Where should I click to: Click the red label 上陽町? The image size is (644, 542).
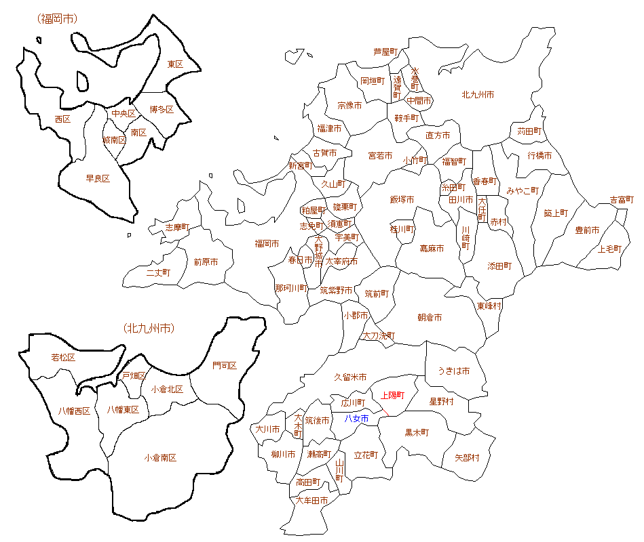[x=392, y=395]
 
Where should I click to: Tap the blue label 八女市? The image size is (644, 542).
[x=356, y=419]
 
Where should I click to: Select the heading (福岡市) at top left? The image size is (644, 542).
[x=58, y=18]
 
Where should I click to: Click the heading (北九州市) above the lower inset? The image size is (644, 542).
[x=149, y=329]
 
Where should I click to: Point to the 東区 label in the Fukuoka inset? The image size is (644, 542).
[x=175, y=64]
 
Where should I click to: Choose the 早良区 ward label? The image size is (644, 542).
[x=98, y=179]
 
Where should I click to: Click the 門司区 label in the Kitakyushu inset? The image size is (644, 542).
[x=225, y=366]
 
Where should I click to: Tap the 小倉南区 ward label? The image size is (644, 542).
[x=161, y=458]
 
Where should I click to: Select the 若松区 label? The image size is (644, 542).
[x=63, y=357]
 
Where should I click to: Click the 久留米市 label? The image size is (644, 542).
[x=351, y=377]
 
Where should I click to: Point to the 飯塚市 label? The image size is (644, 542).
[x=402, y=199]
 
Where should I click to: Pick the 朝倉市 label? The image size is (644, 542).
[x=430, y=317]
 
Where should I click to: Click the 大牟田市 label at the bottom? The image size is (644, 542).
[x=312, y=501]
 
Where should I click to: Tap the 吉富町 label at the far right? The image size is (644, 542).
[x=622, y=200]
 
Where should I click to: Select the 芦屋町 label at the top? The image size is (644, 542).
[x=385, y=51]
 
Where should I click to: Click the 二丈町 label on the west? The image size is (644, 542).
[x=158, y=272]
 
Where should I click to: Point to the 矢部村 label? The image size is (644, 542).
[x=467, y=458]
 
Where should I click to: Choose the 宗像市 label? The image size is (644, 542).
[x=349, y=106]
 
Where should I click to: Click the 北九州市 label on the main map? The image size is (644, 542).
[x=478, y=94]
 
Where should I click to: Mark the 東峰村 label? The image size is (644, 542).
[x=489, y=306]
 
